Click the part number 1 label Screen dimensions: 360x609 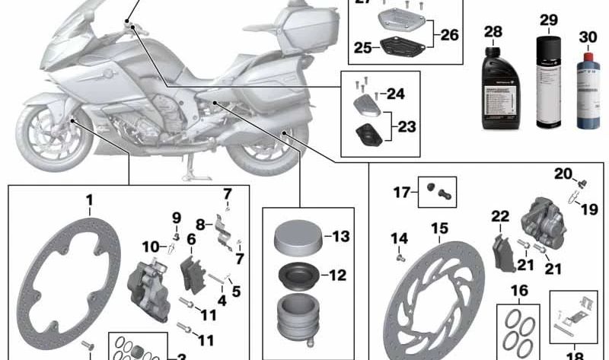(x=89, y=201)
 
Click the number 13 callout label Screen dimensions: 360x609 (x=340, y=236)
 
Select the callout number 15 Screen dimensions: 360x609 (x=439, y=228)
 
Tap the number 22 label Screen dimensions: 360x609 (x=499, y=217)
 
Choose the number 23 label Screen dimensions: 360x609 (x=407, y=126)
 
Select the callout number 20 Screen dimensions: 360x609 (x=563, y=174)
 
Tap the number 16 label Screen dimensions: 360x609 (x=519, y=290)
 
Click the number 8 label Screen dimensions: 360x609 (x=201, y=225)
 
